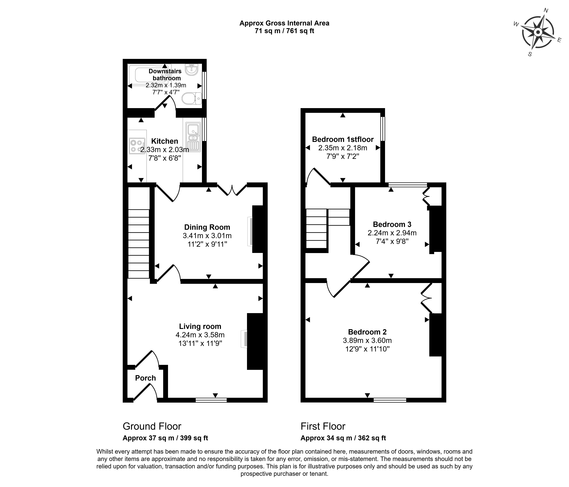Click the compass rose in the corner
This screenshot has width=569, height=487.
pyautogui.click(x=538, y=33)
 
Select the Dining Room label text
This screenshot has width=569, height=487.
pyautogui.click(x=207, y=227)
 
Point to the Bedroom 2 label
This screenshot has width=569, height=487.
pyautogui.click(x=367, y=332)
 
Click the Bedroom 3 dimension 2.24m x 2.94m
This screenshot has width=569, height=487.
pyautogui.click(x=392, y=233)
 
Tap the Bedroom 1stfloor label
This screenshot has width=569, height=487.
pyautogui.click(x=343, y=139)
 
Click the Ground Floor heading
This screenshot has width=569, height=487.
pyautogui.click(x=152, y=426)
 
